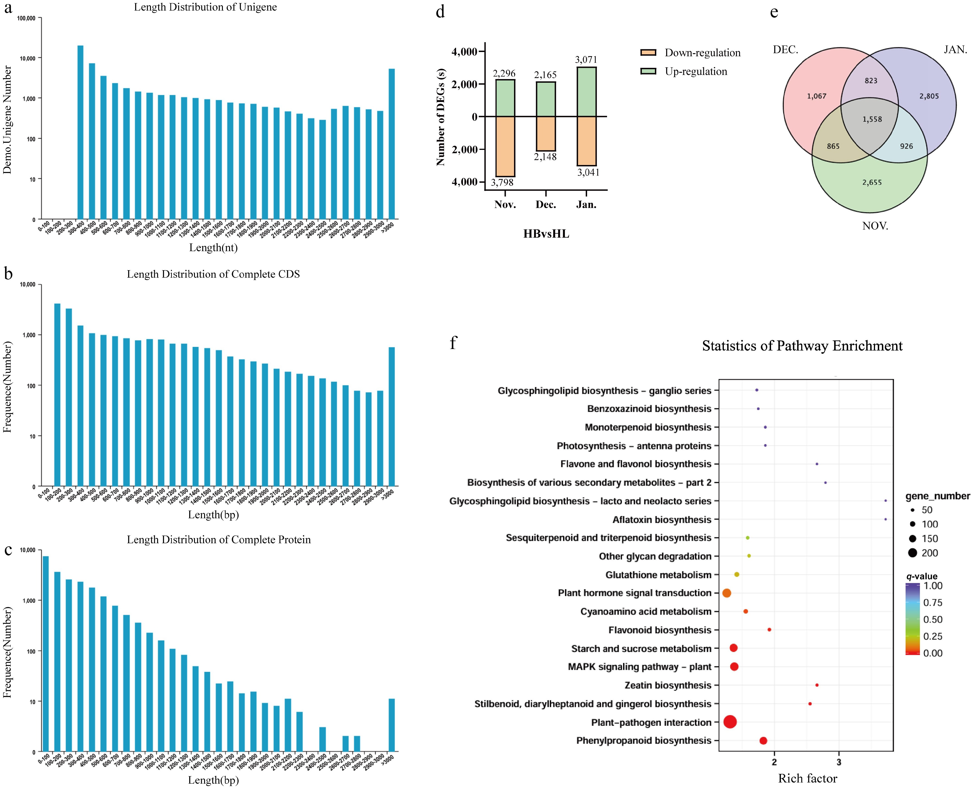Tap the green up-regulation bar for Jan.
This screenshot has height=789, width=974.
[586, 92]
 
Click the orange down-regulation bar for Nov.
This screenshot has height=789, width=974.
[505, 146]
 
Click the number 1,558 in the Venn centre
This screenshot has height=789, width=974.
[872, 119]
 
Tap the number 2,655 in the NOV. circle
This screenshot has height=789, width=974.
[872, 182]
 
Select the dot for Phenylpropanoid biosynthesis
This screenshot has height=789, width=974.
[763, 740]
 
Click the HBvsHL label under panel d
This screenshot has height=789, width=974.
[546, 234]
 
